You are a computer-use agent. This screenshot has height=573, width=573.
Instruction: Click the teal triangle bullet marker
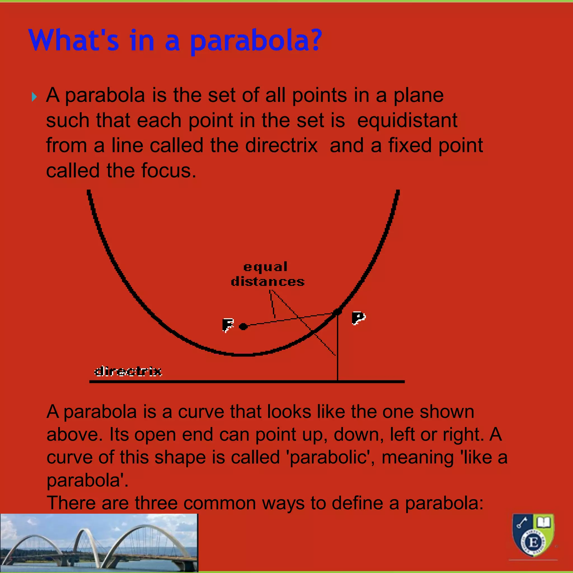tap(34, 97)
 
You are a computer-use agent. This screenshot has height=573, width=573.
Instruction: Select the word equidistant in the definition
tap(407, 120)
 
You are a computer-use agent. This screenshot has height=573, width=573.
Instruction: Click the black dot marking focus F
tap(243, 327)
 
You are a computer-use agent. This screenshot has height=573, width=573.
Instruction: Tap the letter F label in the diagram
tap(228, 325)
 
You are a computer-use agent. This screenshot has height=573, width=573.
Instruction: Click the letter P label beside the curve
tap(358, 318)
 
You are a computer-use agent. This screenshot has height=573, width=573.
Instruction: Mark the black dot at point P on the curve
tap(337, 312)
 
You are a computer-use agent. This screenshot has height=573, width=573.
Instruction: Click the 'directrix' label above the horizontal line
tap(128, 371)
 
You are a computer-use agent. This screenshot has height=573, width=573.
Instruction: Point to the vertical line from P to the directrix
tap(337, 350)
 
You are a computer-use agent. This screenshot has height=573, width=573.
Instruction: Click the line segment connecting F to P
tap(291, 319)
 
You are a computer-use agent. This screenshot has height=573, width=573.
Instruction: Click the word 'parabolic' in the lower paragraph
tap(328, 457)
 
